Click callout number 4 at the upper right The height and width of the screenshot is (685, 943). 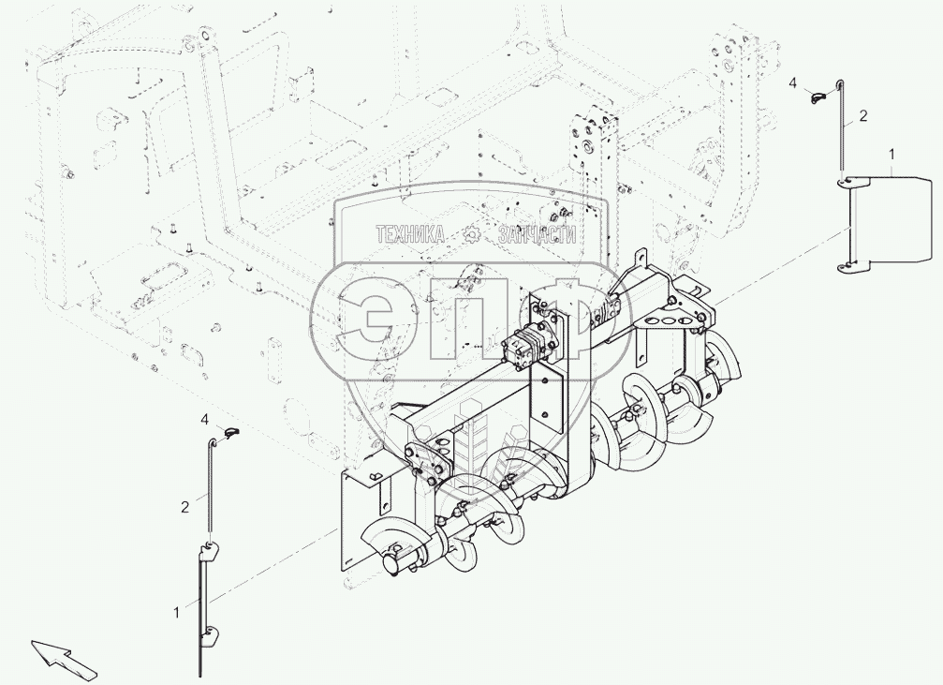tap(792, 83)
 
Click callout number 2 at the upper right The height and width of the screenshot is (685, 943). tap(863, 116)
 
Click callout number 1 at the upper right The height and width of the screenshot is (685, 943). tap(891, 155)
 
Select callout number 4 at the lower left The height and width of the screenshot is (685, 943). tap(205, 420)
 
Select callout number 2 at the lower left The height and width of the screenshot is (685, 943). tap(184, 507)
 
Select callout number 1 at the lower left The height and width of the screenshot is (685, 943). tap(176, 613)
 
